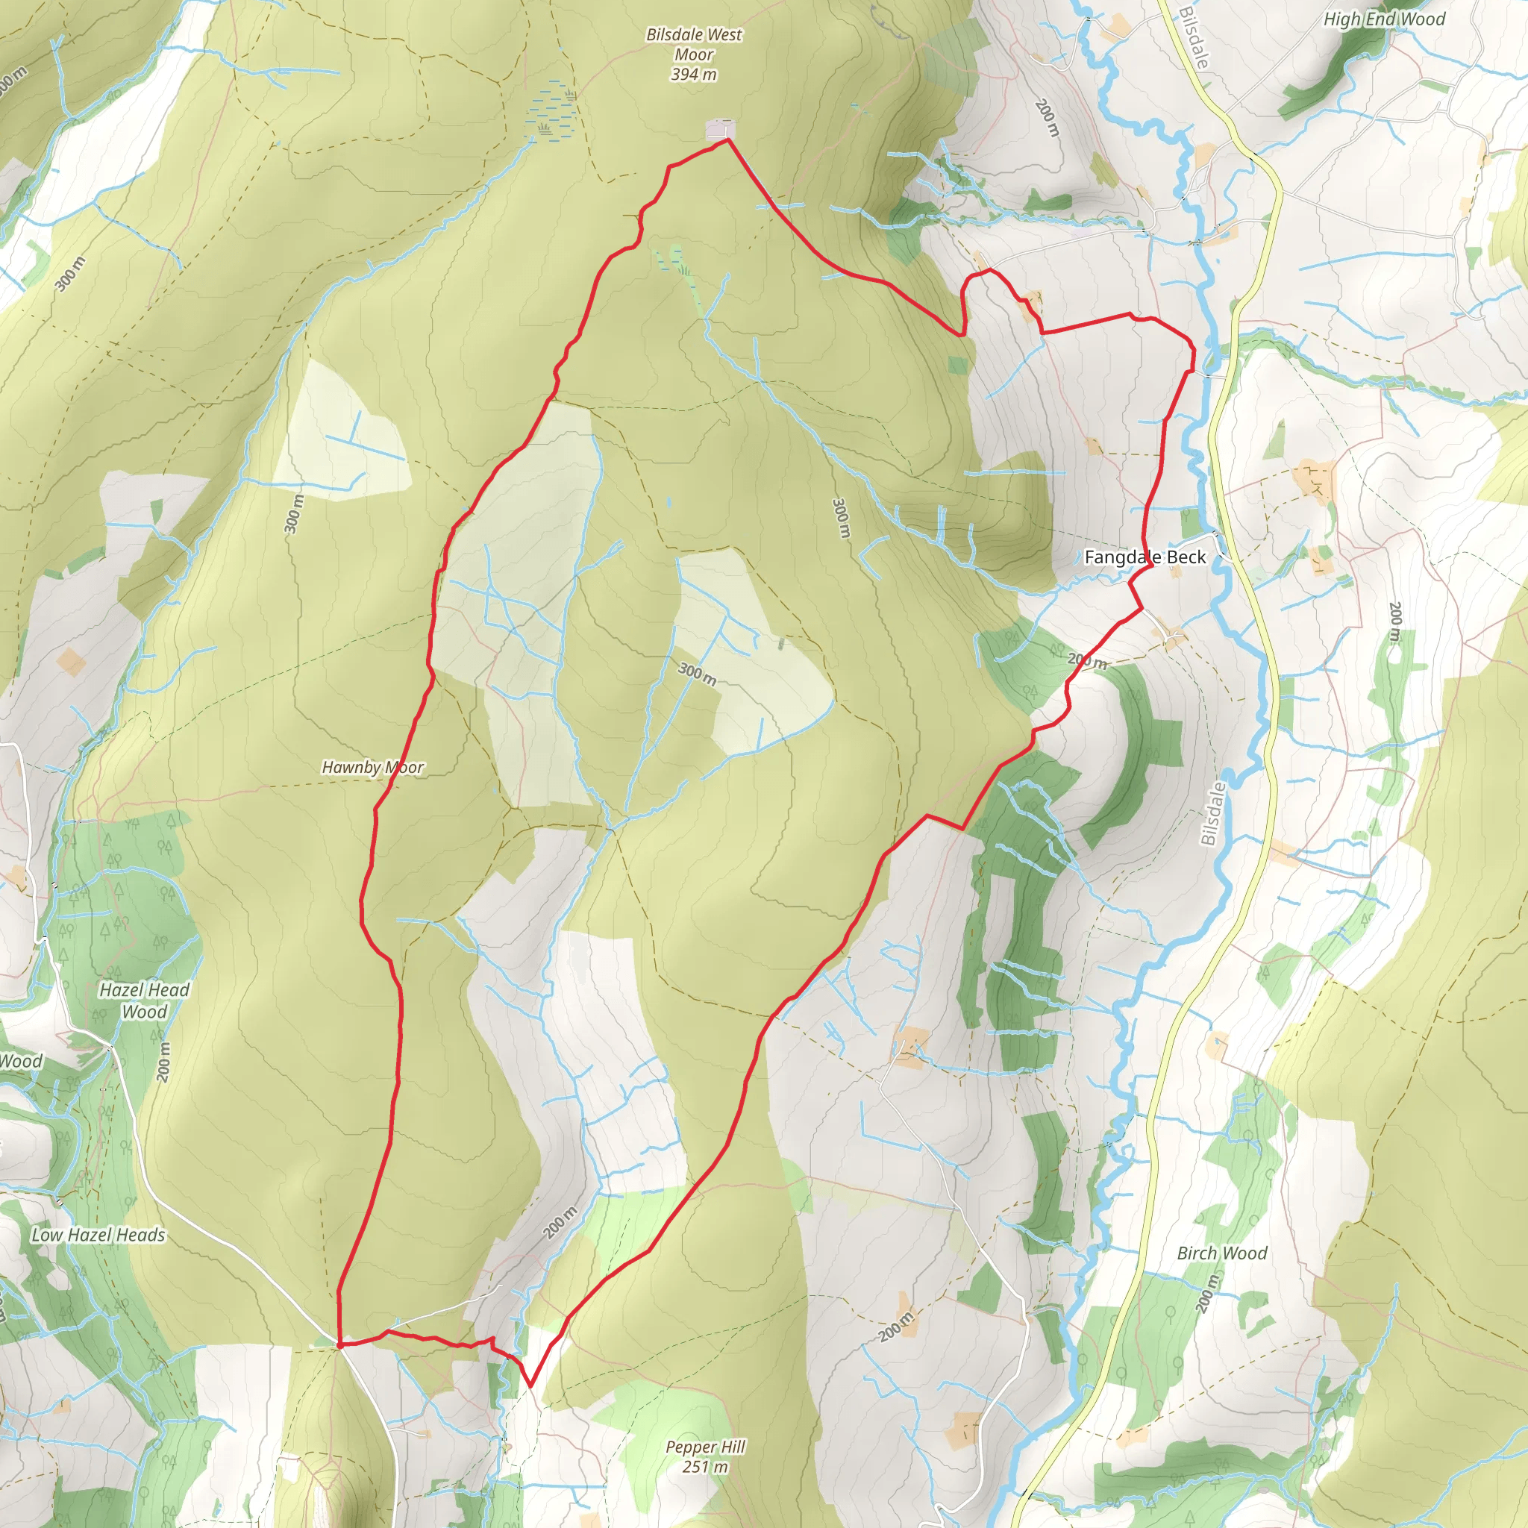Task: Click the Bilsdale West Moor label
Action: [694, 44]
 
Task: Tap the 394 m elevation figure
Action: [694, 75]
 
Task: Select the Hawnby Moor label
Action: [372, 767]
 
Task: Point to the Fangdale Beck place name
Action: [1145, 557]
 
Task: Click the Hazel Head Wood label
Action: [145, 1001]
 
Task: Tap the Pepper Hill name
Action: [706, 1447]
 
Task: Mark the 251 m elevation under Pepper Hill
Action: [706, 1466]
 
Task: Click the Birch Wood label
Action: [1222, 1253]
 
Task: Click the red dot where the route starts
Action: [339, 1344]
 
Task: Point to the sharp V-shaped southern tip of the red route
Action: [530, 1385]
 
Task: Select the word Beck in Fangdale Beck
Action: [1186, 557]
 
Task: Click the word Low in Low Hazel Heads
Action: [46, 1235]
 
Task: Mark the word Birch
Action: [1199, 1253]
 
